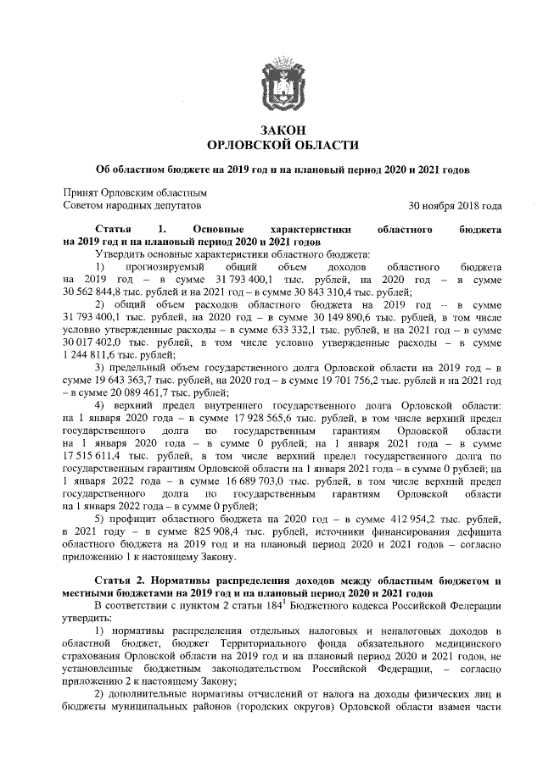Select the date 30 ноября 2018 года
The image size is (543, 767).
coord(455,205)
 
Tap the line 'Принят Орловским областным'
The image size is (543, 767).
coord(136,192)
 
